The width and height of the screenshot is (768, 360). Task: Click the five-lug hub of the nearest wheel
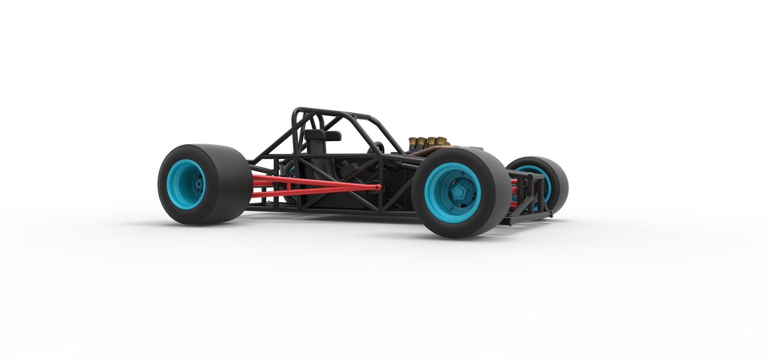(x=456, y=192)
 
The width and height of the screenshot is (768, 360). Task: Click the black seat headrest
(x=320, y=136)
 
